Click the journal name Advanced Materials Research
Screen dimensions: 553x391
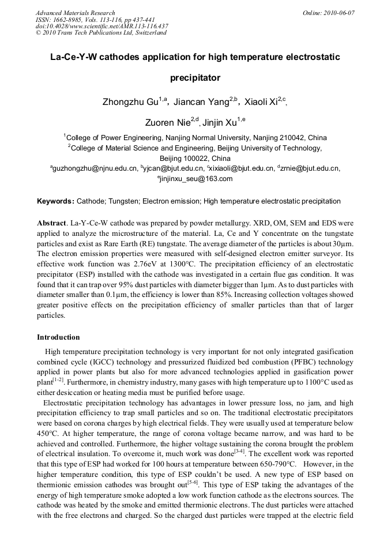75,13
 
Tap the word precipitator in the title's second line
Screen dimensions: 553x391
195,77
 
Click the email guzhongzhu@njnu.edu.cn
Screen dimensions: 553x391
96,168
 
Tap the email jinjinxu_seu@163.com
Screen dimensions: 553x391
196,179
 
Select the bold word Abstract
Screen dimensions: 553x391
51,222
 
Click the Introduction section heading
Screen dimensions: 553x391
58,337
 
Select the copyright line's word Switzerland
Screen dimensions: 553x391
151,33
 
